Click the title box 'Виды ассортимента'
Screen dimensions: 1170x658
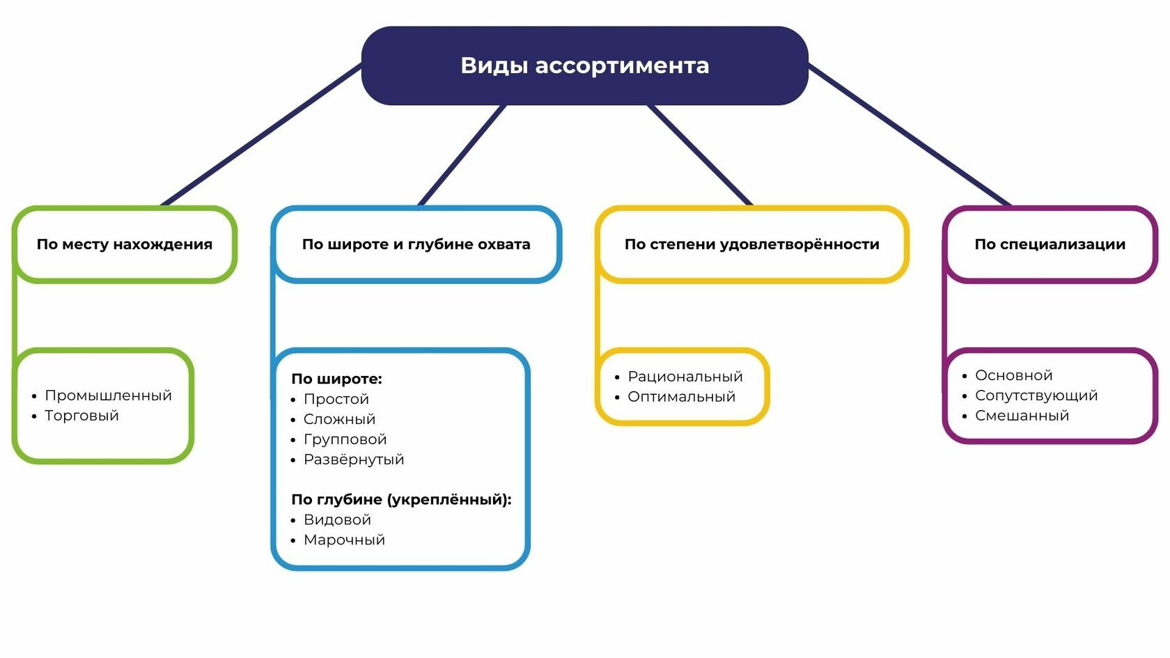pos(584,65)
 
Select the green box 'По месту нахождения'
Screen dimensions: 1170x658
pos(124,244)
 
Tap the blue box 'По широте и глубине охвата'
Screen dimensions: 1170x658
pos(416,244)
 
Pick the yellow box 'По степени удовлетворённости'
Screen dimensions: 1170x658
pos(751,244)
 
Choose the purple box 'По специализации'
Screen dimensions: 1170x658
pos(1050,244)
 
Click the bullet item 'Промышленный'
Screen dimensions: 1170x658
pos(108,395)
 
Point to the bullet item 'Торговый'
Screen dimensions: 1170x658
pos(81,416)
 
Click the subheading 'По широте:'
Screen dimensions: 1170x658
pos(336,379)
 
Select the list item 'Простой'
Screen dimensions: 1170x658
pos(336,399)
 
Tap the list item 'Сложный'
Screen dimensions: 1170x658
pos(340,419)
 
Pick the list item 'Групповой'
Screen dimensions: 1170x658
pos(345,439)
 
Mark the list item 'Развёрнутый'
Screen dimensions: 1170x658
pos(354,460)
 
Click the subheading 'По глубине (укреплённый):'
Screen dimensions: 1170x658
pos(401,500)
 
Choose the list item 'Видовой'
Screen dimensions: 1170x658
pos(337,519)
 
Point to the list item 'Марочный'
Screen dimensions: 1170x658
pos(344,540)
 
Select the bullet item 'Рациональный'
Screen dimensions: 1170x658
pos(685,377)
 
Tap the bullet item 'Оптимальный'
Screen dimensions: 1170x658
pos(681,397)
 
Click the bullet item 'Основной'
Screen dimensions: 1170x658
pos(1014,375)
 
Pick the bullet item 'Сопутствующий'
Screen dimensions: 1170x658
pos(1036,395)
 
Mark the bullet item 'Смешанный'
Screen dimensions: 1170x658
pos(1022,416)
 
